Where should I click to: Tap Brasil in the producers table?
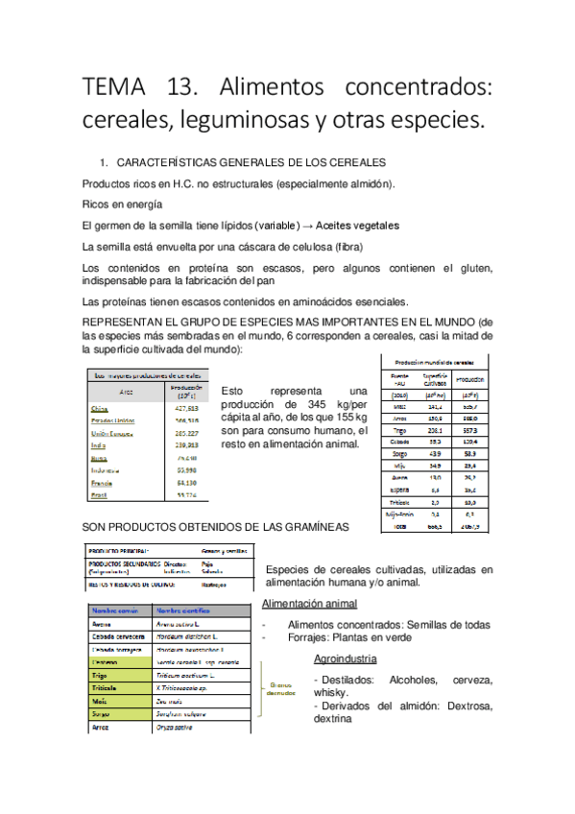click(x=102, y=494)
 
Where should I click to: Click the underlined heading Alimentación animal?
click(x=309, y=604)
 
